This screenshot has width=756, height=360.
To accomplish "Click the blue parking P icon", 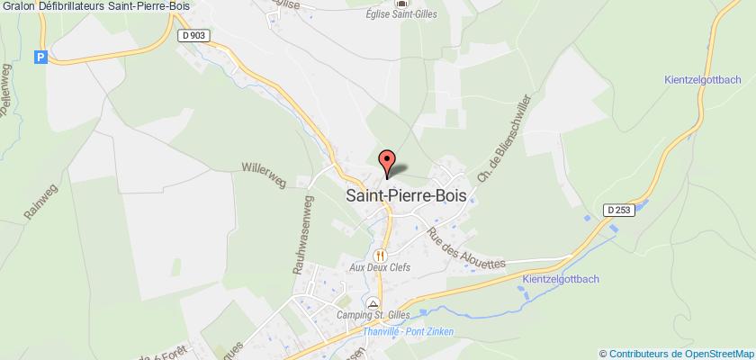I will (x=39, y=57).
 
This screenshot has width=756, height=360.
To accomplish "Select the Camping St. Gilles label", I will (x=373, y=314).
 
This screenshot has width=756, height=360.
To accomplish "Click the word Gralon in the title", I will (x=19, y=6).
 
